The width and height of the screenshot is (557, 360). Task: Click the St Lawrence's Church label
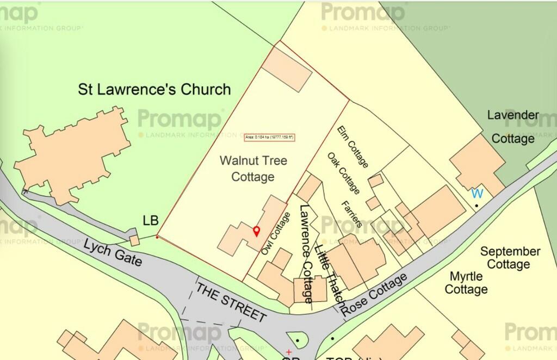pos(154,89)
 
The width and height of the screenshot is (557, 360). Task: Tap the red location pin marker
pos(257,231)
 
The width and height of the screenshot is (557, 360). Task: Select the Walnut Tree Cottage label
pos(253,169)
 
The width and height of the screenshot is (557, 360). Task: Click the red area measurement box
pos(269,137)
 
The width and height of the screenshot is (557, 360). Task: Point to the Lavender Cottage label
pos(513,127)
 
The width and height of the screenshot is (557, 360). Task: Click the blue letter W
pos(477,194)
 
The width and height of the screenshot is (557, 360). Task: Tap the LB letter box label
pos(150,221)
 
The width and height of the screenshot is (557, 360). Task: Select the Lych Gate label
pos(113,253)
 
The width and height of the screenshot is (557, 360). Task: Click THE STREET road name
pos(231,302)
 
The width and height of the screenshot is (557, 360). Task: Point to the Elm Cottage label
pos(353,147)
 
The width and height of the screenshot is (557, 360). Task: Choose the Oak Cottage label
pos(344,173)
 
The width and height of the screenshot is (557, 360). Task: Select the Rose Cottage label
pos(375,294)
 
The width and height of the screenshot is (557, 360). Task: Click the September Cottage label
pos(510,258)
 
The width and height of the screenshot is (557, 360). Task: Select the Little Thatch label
pos(330,277)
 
